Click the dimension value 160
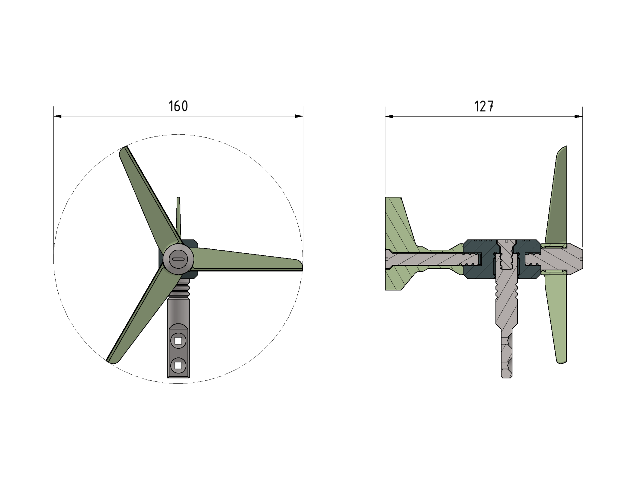click(178, 106)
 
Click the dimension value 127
click(484, 107)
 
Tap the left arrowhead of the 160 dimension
click(58, 116)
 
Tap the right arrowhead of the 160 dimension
click(299, 116)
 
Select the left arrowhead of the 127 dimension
click(389, 117)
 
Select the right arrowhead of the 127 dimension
click(578, 117)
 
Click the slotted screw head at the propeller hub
click(178, 259)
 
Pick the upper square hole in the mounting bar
click(178, 341)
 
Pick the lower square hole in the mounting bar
click(178, 366)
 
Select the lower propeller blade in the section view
click(557, 320)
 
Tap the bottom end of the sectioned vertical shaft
click(506, 375)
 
